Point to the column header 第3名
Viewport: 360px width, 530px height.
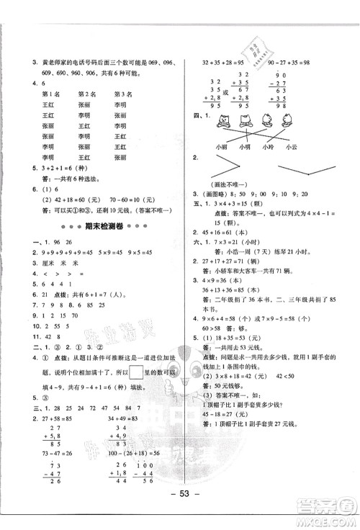122,94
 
